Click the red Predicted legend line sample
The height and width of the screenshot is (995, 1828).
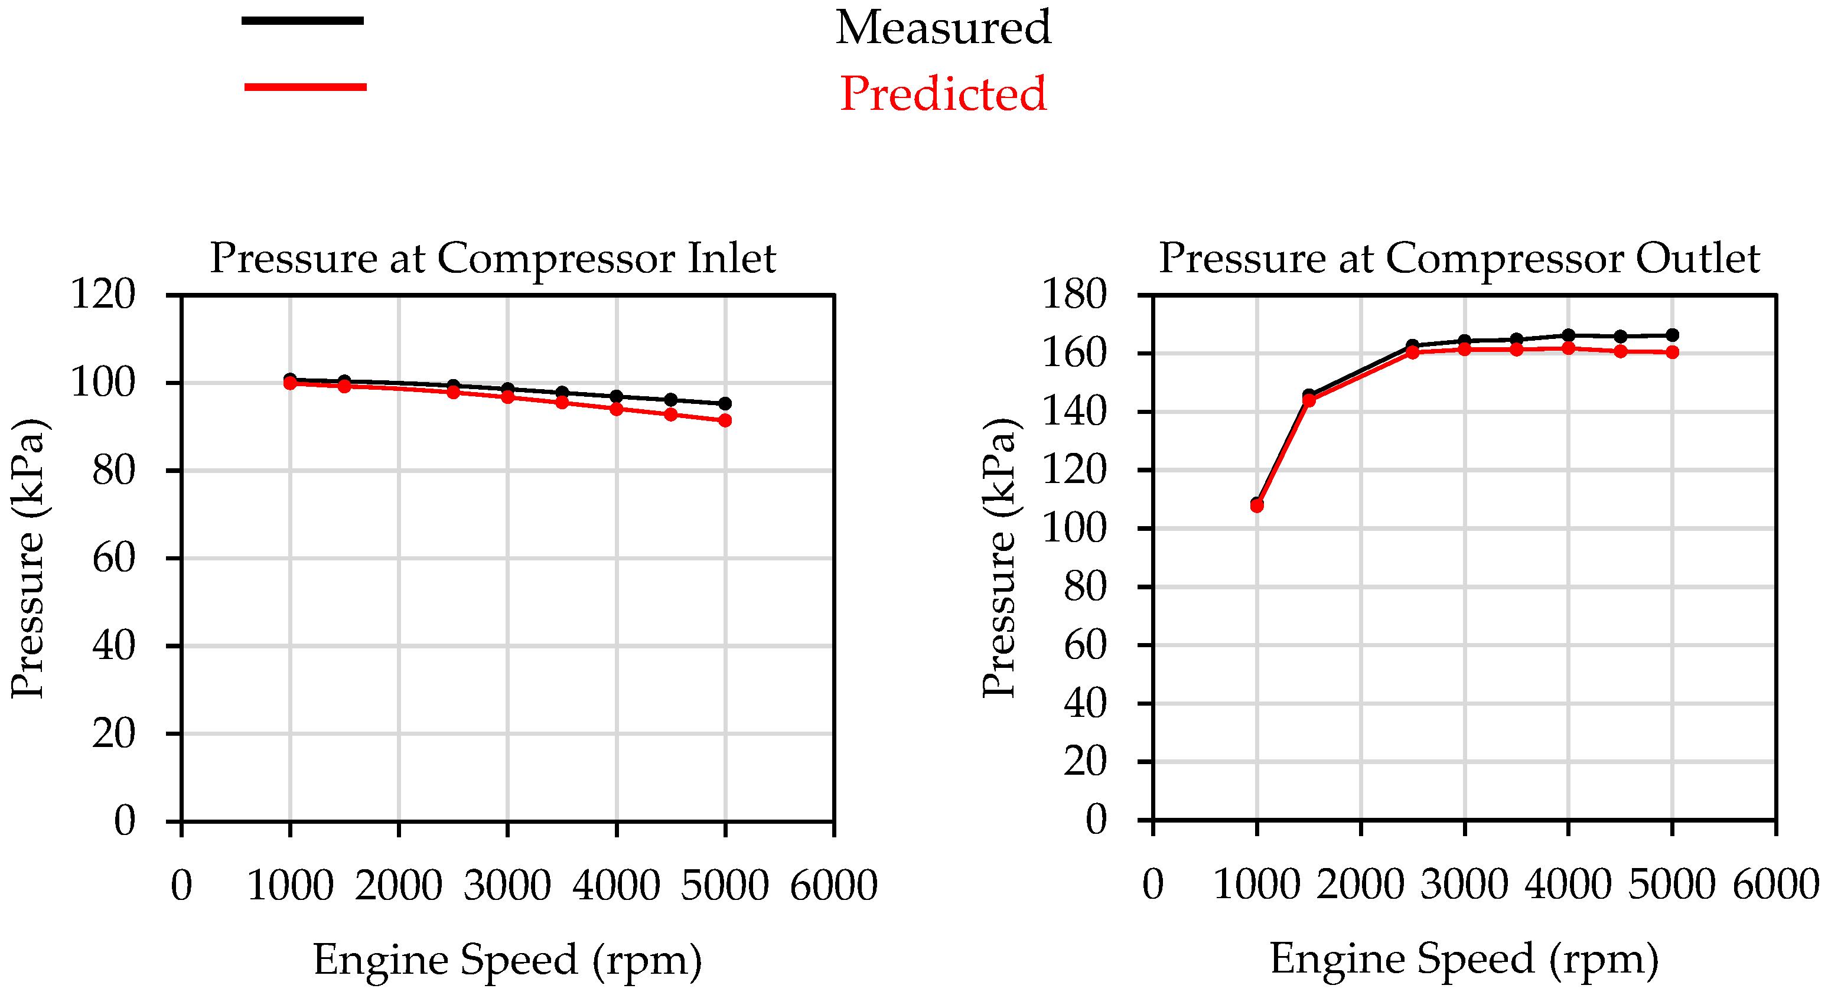[305, 87]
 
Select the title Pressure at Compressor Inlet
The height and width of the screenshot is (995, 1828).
[493, 257]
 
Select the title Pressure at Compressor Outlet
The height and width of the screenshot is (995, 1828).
[1459, 257]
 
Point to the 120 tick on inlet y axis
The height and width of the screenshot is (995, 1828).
[103, 294]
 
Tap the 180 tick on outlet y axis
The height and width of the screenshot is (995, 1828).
[1074, 294]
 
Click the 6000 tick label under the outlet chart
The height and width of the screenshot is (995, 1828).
[1775, 885]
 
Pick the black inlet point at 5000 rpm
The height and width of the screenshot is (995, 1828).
[725, 404]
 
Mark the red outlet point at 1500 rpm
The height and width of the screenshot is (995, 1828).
[1309, 401]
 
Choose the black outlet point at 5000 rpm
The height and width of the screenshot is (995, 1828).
[1673, 335]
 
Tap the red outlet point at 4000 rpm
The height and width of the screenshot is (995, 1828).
[1568, 348]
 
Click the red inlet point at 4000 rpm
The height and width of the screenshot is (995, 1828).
[616, 409]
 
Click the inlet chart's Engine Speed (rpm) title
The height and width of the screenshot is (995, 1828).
[507, 960]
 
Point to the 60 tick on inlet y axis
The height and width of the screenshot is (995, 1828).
[113, 558]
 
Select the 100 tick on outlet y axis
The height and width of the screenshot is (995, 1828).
[1074, 528]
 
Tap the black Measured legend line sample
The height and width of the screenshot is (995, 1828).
[303, 21]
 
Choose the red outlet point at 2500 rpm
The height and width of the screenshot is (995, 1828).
[1412, 352]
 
